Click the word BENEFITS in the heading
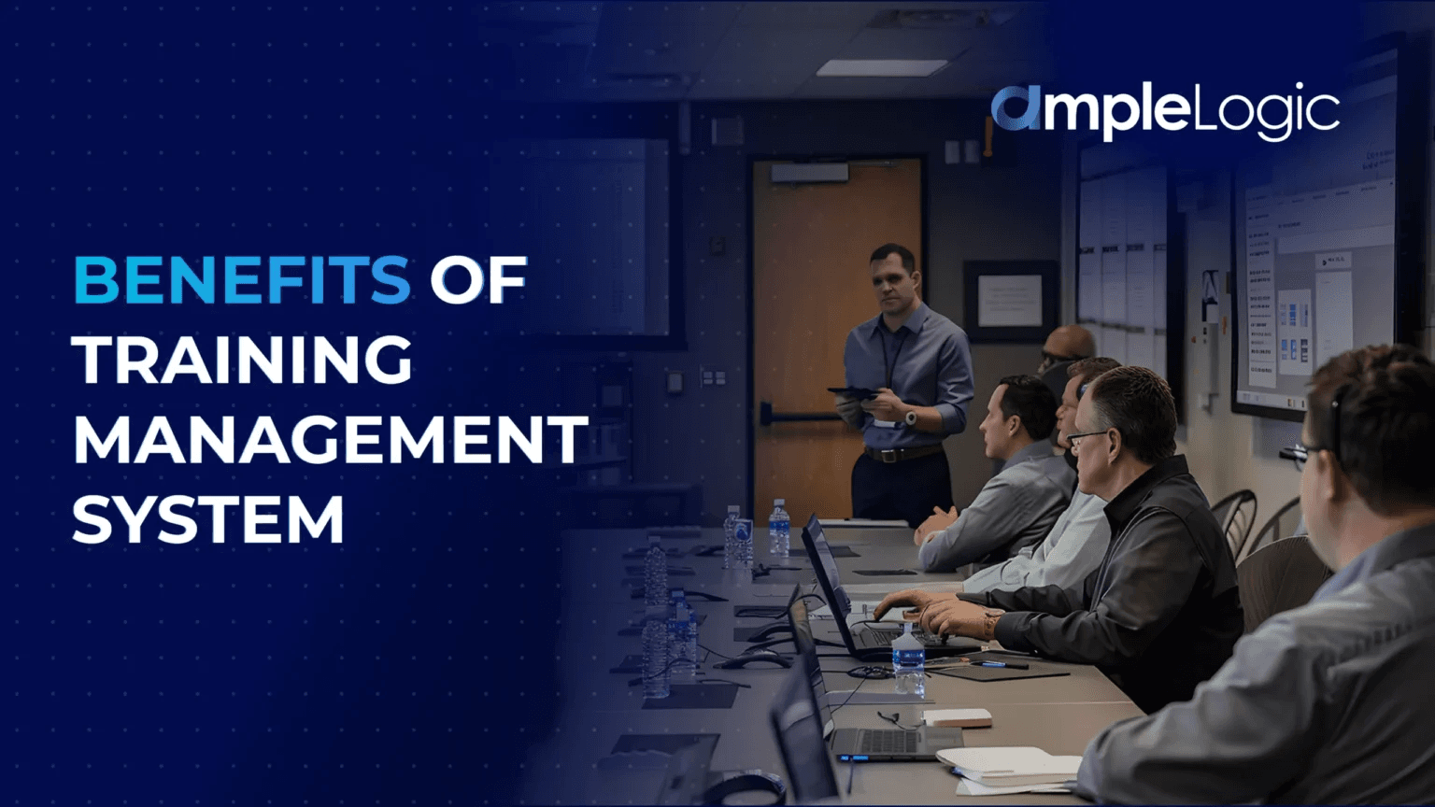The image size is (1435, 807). (x=241, y=279)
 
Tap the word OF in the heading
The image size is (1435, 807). (x=478, y=279)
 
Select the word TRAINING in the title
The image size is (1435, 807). (x=243, y=360)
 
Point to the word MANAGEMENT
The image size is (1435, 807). (x=330, y=440)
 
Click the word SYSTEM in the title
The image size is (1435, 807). (x=208, y=519)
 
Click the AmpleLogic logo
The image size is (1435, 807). (x=1165, y=112)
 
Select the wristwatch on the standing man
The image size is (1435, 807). (x=910, y=418)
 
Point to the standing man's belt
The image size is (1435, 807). (x=902, y=454)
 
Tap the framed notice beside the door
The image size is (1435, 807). (x=1009, y=301)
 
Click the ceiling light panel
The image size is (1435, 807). (x=881, y=68)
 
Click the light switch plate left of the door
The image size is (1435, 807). (x=713, y=377)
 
